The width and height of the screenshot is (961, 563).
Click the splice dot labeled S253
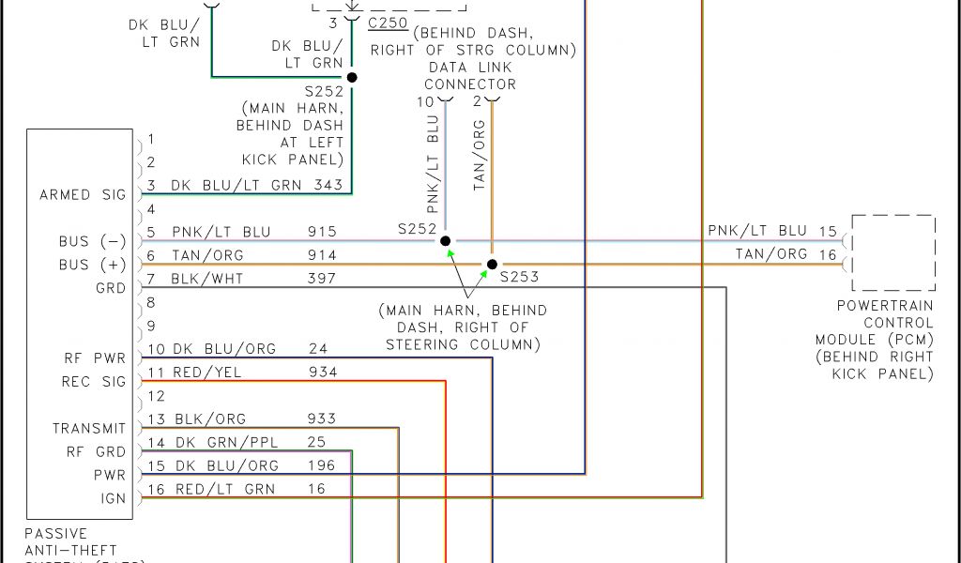(492, 265)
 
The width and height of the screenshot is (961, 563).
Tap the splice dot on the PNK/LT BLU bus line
(446, 241)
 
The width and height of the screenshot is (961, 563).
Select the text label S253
(519, 278)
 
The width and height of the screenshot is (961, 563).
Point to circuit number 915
(322, 232)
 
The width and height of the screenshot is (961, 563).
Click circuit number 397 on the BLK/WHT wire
(322, 279)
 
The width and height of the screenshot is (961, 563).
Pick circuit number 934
(322, 373)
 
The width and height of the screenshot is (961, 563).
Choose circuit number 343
(328, 186)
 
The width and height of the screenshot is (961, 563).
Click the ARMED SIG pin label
(83, 195)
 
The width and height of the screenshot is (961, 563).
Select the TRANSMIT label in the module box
(89, 429)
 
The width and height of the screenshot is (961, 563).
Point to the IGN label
(114, 499)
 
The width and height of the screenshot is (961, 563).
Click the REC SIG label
(94, 382)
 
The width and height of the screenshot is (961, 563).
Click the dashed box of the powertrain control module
(893, 253)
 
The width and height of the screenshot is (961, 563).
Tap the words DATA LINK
(470, 68)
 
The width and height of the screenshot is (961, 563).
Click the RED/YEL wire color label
(206, 373)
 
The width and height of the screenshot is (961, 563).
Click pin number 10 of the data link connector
(427, 101)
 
